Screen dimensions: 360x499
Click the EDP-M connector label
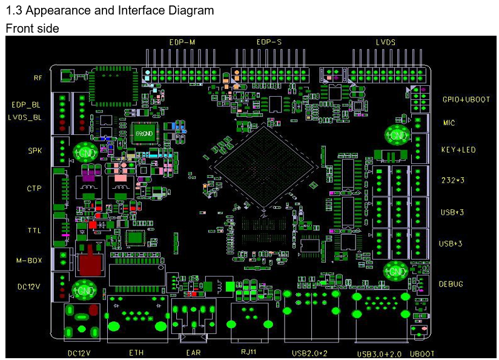182,42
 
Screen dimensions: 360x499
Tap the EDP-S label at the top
268,42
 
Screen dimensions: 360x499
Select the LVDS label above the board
386,42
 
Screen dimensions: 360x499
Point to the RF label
38,78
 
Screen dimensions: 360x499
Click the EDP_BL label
26,105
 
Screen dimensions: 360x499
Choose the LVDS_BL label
25,117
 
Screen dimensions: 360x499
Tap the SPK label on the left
35,151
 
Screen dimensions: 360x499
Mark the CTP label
34,189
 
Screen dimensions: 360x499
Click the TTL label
34,231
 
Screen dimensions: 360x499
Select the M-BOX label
29,261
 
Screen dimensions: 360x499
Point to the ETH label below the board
137,353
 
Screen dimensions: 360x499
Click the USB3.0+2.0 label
380,353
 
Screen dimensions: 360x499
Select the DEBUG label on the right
452,284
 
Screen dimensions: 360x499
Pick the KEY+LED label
458,149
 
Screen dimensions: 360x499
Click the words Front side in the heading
33,28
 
